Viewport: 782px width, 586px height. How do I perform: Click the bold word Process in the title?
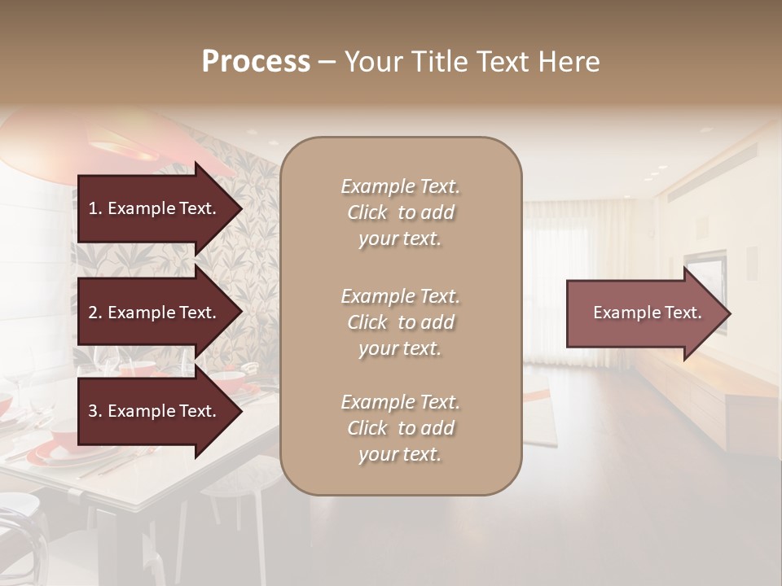(x=256, y=62)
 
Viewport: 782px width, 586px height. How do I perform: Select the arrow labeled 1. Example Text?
(x=155, y=208)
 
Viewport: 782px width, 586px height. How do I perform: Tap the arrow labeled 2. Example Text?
(x=155, y=313)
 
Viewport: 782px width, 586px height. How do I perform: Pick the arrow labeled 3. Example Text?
(x=155, y=412)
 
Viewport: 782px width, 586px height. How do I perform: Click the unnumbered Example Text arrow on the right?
(x=644, y=313)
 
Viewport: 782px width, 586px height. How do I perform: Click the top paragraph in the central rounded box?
(x=400, y=212)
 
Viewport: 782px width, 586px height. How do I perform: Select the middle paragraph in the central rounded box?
(x=400, y=322)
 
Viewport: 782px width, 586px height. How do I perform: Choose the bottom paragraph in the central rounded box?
(x=400, y=428)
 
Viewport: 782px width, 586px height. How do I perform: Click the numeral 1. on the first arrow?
(x=95, y=208)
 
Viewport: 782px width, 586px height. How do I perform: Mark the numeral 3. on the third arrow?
(x=95, y=412)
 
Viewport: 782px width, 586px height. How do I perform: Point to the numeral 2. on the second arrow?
(x=95, y=313)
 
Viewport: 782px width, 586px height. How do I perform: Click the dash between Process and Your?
(x=327, y=62)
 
